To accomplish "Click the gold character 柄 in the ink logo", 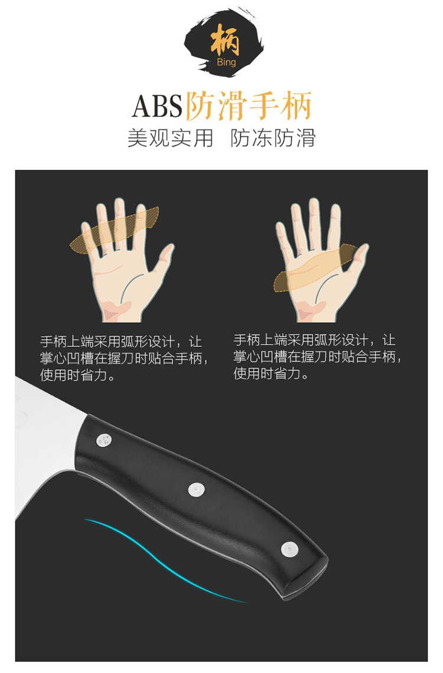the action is (225, 40).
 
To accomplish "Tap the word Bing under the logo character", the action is (226, 62).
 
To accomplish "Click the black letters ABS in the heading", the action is (157, 106).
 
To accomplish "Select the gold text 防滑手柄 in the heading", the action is (249, 106).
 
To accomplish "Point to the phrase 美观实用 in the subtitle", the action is (170, 138).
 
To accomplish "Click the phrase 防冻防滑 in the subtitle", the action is (273, 138).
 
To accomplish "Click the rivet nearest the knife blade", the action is (103, 440).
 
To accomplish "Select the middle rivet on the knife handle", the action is (196, 489).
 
